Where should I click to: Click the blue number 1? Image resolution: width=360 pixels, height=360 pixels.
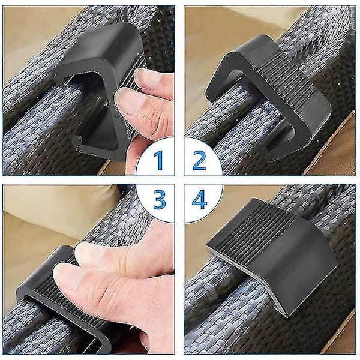click(x=158, y=160)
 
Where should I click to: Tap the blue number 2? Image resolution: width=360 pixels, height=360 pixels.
click(x=199, y=160)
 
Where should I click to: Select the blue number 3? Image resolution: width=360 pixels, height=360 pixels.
click(x=160, y=199)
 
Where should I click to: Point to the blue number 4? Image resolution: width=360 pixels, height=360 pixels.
click(x=199, y=199)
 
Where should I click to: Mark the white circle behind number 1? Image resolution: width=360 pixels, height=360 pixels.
click(x=155, y=157)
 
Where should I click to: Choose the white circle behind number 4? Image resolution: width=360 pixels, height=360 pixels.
click(x=203, y=203)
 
